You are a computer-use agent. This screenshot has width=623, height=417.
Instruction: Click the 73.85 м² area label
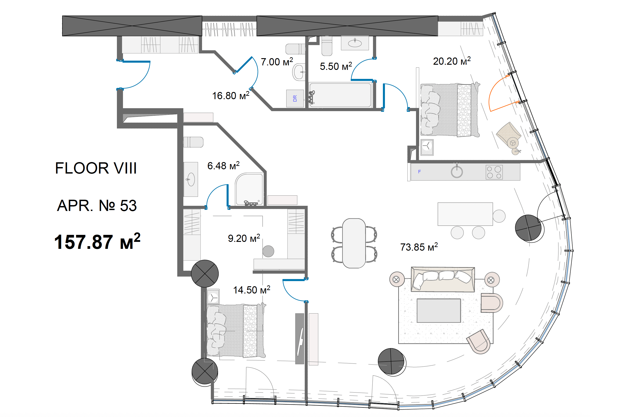pos(419,247)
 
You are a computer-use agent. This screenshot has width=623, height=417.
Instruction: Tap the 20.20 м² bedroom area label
pos(452,61)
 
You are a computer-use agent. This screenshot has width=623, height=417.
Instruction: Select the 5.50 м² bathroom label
pos(336,66)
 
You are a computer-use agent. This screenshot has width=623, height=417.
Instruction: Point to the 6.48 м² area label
pos(223,165)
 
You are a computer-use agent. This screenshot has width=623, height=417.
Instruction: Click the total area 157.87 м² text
pos(97,241)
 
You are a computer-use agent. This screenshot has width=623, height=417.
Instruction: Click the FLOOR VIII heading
pos(96,168)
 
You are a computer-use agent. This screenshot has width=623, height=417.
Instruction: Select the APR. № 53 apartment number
pos(97,205)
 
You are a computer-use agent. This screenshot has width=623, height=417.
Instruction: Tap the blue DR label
pos(295,99)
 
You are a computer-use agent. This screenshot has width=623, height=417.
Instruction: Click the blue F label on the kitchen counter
pos(419,172)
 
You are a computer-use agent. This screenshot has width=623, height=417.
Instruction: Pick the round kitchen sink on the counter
pos(457,172)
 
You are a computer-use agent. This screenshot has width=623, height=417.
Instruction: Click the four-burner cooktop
pos(494,172)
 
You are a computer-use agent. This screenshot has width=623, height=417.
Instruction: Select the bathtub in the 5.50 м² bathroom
pos(340,95)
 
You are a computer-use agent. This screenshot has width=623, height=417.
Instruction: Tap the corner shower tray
pos(249,189)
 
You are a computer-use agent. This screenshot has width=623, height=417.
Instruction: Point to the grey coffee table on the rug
pos(439,310)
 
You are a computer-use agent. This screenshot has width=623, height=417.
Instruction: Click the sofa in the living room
pos(443,279)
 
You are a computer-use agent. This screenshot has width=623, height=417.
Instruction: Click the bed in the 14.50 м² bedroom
pos(236,331)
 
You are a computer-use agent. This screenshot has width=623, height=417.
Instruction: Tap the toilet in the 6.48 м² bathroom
pos(193,142)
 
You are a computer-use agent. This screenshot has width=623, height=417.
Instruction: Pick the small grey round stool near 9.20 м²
pos(268,251)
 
